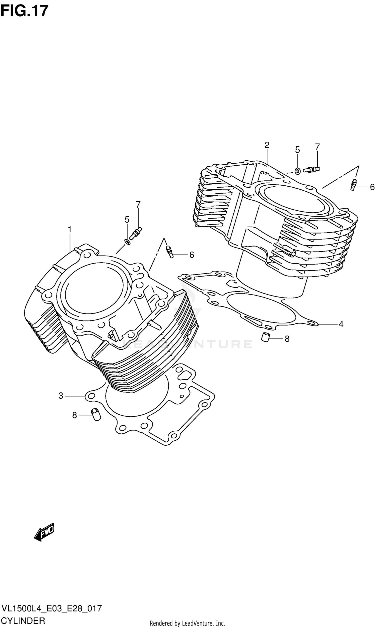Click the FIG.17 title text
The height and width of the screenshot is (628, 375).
click(x=24, y=11)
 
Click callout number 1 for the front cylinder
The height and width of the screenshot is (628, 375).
click(x=70, y=230)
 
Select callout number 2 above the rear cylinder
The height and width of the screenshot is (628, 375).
click(x=267, y=145)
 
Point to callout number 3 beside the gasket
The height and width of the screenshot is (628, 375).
click(x=61, y=396)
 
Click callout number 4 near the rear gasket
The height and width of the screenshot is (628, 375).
click(x=341, y=324)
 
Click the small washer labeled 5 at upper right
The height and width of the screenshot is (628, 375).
click(x=298, y=171)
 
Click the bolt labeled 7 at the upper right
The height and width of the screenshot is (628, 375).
click(x=311, y=169)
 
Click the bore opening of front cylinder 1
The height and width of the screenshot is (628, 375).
click(x=93, y=288)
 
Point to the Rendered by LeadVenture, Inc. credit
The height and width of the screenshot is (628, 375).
click(x=187, y=623)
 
